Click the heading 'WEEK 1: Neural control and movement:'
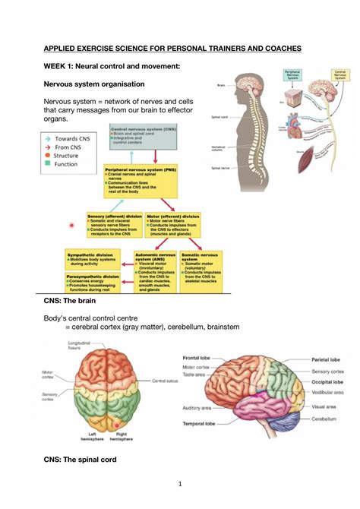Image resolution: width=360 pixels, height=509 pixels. coord(112,66)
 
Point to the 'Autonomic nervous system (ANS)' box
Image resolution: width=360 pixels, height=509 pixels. coord(156,271)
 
